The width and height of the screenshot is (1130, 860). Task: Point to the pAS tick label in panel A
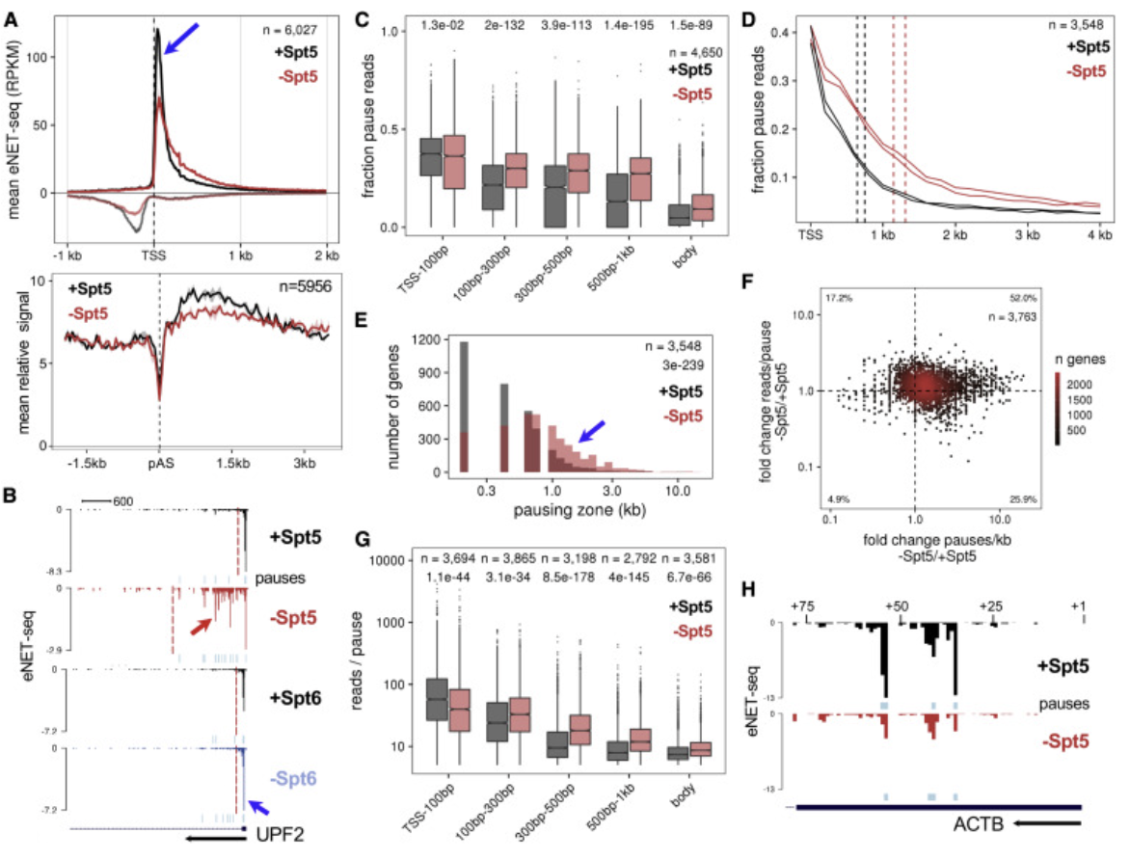click(159, 464)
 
